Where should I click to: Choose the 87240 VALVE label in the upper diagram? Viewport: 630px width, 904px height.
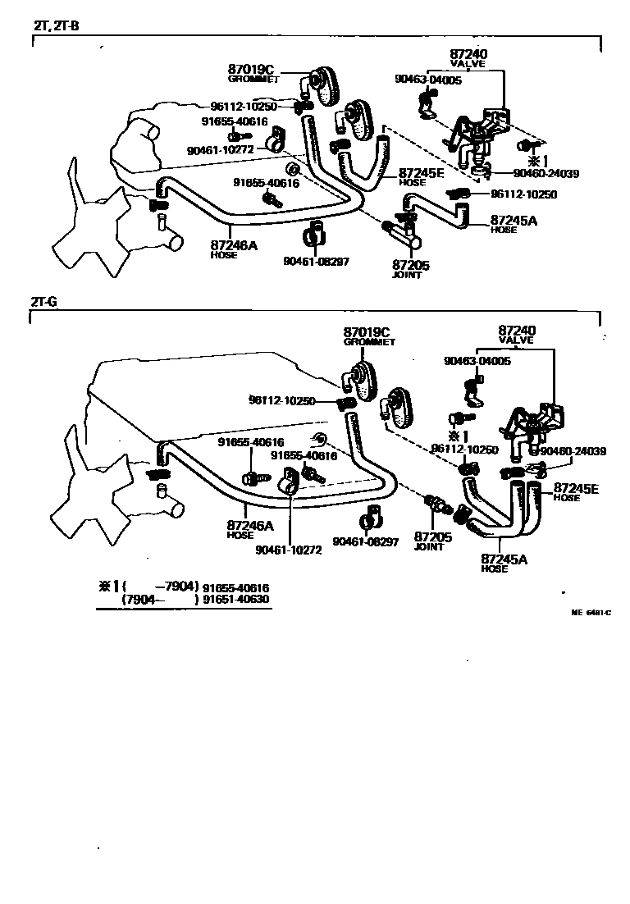pos(468,58)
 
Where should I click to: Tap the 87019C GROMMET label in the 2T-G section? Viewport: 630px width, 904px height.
pos(367,336)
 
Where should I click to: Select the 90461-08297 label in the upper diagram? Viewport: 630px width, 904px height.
pos(317,262)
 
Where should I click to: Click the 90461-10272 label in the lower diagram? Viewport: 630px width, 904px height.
pos(288,550)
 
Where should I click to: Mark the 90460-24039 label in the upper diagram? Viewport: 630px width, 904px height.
pos(546,173)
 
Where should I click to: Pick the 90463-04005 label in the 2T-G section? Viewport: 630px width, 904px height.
pos(477,361)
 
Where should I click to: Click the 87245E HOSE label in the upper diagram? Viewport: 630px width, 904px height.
pos(422,178)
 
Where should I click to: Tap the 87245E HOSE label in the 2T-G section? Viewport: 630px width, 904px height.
pos(576,492)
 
